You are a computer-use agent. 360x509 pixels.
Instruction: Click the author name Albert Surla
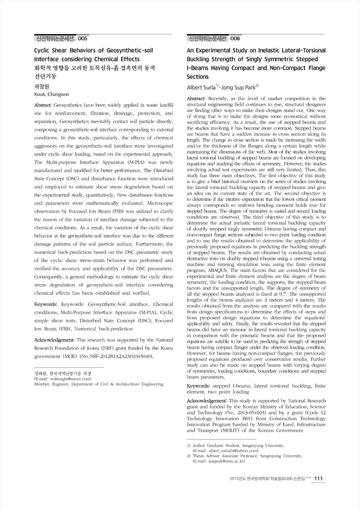click(x=205, y=88)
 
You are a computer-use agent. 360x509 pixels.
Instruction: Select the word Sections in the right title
click(x=197, y=77)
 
